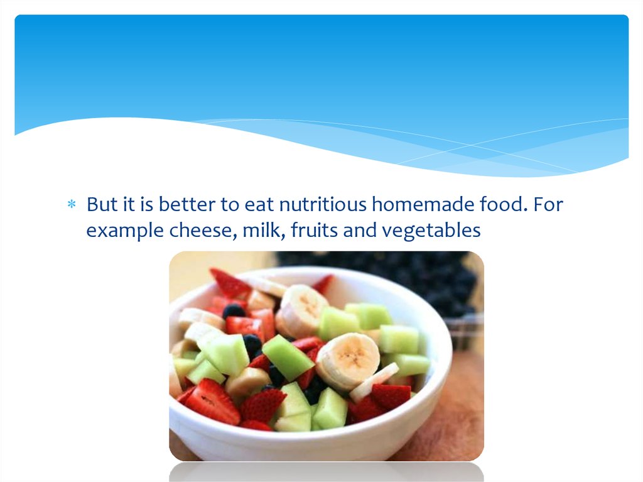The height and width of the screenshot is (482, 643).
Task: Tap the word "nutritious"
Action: click(323, 204)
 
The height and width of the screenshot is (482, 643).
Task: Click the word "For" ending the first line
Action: click(548, 204)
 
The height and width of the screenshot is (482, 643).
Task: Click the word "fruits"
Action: click(315, 231)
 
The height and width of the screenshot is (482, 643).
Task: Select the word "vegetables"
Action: click(431, 231)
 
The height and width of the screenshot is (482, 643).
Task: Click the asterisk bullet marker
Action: click(72, 204)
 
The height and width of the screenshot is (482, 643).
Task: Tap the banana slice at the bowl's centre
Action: click(348, 360)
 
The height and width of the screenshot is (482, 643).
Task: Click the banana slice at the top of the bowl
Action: click(302, 310)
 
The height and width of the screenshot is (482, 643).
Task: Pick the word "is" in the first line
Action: click(147, 204)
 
